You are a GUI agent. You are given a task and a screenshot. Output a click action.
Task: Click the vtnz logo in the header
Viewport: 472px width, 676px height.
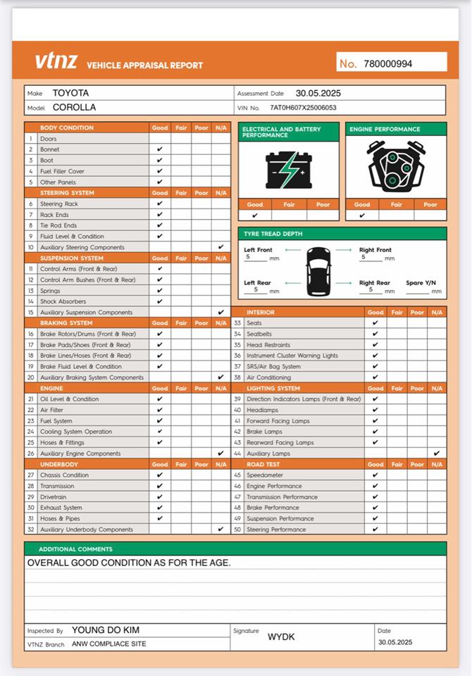[56, 62]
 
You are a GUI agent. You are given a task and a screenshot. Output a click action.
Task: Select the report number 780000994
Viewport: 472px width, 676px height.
[388, 63]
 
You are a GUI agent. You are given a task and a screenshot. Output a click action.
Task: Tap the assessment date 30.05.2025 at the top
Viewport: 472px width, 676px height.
[318, 93]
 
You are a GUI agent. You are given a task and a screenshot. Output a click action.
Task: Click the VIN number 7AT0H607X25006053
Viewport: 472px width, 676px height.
[303, 108]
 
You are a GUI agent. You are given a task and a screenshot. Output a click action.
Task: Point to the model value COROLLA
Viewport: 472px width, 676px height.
[74, 108]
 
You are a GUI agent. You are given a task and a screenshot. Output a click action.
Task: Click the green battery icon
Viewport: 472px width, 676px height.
[288, 170]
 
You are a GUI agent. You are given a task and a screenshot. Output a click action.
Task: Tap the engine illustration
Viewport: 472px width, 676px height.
[395, 166]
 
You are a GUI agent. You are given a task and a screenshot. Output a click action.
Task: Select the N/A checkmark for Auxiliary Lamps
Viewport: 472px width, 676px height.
[437, 453]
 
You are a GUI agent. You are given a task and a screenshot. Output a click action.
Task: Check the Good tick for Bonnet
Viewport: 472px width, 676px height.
[160, 149]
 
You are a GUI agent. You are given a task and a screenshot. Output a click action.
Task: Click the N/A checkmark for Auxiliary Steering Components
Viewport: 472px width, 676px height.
[221, 247]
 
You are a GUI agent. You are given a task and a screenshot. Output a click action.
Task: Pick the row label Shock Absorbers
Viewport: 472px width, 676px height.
[63, 301]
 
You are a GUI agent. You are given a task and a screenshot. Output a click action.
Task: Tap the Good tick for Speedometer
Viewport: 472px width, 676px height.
[375, 475]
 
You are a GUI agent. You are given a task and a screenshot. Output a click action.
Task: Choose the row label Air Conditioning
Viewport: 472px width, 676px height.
[269, 377]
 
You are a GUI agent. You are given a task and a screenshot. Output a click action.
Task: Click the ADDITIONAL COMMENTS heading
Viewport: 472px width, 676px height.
[75, 549]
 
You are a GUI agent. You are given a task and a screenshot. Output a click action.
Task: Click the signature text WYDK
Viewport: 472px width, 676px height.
[281, 637]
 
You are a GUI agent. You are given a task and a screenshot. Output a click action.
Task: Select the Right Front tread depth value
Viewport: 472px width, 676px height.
[362, 258]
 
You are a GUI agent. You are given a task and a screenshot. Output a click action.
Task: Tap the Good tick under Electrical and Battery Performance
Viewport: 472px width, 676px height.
[255, 215]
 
